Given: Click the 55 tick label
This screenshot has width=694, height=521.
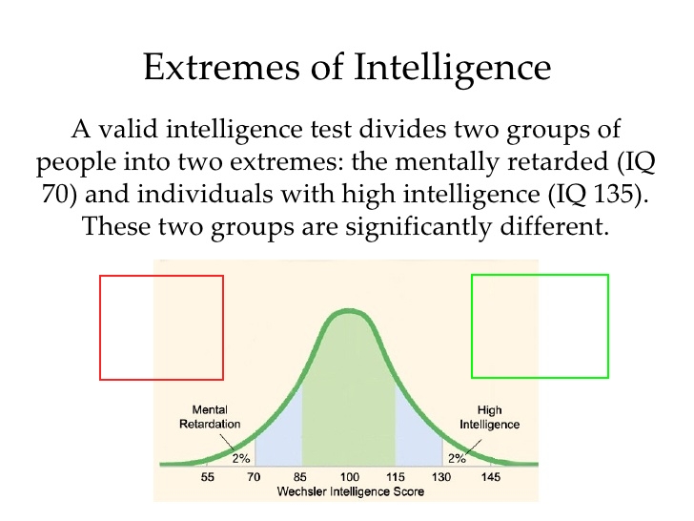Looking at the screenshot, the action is (x=207, y=477).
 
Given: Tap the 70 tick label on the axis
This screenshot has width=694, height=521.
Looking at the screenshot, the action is (x=254, y=477).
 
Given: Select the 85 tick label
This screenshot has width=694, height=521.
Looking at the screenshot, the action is (x=299, y=477).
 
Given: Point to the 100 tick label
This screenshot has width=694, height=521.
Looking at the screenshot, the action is (x=349, y=477).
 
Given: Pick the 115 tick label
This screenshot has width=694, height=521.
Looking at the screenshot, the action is (x=396, y=477).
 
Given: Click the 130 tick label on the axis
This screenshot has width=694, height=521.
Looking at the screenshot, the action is (x=441, y=477).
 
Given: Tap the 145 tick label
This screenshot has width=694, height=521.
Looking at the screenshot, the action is (x=491, y=477).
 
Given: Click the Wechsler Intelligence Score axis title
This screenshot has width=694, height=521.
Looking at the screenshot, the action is (x=351, y=491).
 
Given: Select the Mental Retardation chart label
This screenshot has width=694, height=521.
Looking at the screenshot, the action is (x=210, y=417).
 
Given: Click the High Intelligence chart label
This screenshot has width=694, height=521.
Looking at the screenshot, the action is (x=490, y=417).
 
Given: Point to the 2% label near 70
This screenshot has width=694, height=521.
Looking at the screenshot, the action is (x=241, y=458).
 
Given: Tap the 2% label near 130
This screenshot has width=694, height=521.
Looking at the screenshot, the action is (x=457, y=458).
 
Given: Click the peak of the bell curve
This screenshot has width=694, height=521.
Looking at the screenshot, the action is (x=349, y=311).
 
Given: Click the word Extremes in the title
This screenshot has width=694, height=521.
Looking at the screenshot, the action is (x=221, y=67).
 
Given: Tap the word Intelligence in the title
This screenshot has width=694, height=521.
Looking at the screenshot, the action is (x=452, y=68).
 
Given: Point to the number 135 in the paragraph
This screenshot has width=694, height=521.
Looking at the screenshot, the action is (x=613, y=194).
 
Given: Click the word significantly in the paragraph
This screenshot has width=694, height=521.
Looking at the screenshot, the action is (x=418, y=227).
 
